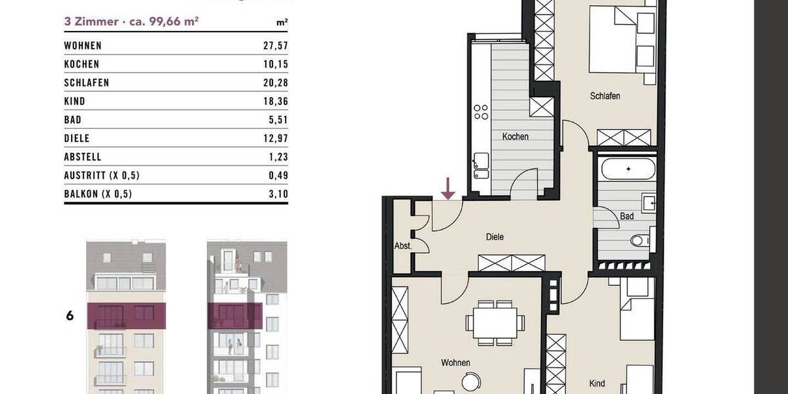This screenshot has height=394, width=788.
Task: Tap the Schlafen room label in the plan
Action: [x=605, y=96]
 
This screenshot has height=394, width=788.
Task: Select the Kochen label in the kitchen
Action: [x=515, y=137]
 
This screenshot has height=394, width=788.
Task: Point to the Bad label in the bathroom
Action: [x=626, y=215]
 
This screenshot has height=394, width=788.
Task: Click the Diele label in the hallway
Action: [x=494, y=237]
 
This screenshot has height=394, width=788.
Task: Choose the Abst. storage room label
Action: [x=403, y=246]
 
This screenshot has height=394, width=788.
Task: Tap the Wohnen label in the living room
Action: [x=455, y=362]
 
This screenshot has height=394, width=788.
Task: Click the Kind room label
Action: [x=596, y=383]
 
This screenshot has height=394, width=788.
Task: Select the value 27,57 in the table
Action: [x=275, y=46]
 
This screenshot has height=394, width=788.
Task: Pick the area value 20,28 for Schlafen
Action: [x=275, y=83]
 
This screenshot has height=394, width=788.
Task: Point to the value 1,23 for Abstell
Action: [x=278, y=157]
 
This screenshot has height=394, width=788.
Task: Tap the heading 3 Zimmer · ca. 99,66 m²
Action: [x=131, y=21]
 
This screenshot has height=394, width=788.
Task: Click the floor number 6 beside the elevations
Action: [x=70, y=316]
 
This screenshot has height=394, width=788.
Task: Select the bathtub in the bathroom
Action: [x=627, y=169]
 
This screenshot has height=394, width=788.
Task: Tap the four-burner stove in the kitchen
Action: [x=481, y=112]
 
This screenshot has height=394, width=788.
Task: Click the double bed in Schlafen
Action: [x=621, y=39]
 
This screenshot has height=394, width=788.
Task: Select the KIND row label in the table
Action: [x=75, y=102]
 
